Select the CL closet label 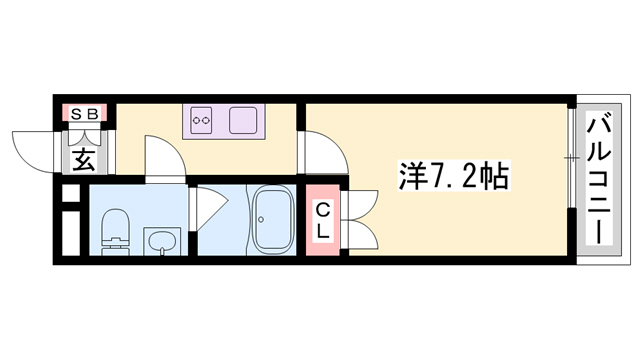pos(324,221)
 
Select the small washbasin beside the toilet pos(160,240)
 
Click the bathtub pos(271,220)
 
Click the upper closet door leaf pos(361,201)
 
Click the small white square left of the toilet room pos(69,193)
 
